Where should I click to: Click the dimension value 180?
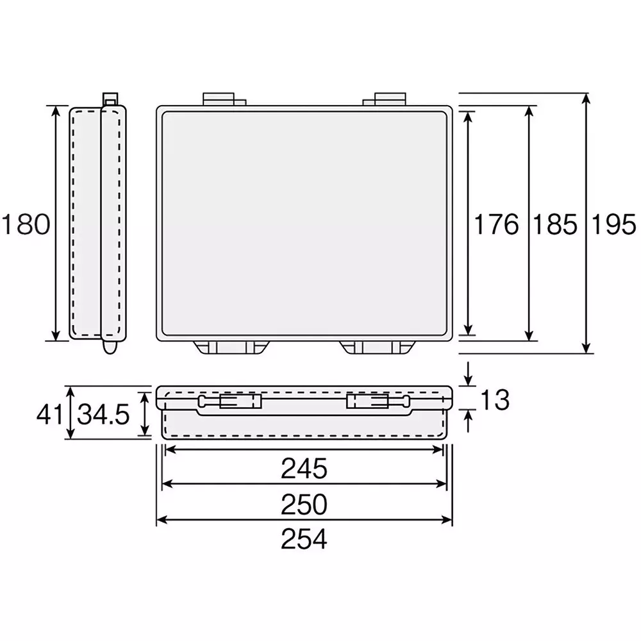click(26, 225)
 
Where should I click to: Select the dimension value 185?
click(554, 224)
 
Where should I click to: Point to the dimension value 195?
click(613, 224)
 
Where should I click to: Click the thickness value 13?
click(494, 400)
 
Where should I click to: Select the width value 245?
click(304, 469)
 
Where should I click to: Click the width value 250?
click(304, 504)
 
